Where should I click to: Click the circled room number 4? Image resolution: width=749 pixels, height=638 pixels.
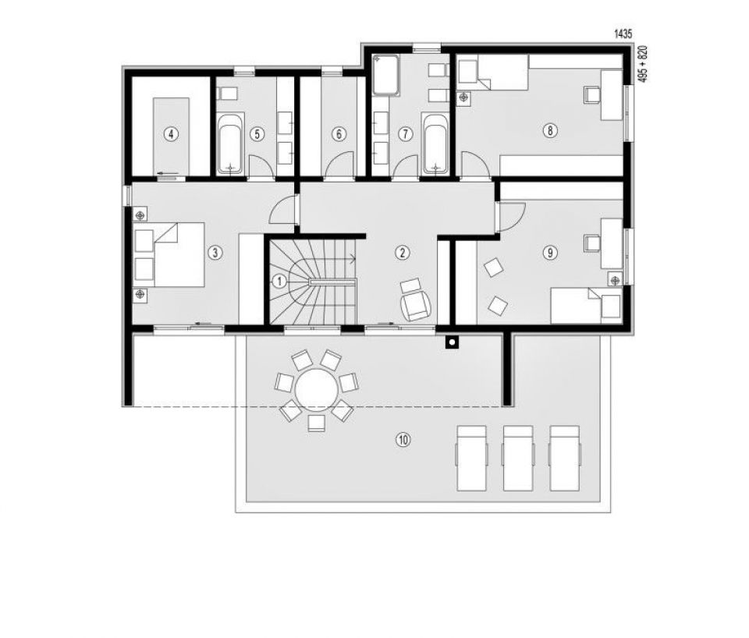coord(171,134)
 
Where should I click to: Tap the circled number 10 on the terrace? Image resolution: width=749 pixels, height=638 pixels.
coord(403,439)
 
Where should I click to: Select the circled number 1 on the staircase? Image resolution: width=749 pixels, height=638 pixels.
coord(279,282)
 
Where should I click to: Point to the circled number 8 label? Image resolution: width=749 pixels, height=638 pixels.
coord(550,130)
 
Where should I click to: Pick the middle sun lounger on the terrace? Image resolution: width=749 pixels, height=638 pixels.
coord(518,459)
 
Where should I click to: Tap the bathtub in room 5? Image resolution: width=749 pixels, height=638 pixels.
coord(231,144)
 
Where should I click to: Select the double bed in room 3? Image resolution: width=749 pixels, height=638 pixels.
coord(169,255)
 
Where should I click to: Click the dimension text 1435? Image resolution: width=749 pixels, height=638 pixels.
coord(623,34)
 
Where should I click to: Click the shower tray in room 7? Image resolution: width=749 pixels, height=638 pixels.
coord(386,75)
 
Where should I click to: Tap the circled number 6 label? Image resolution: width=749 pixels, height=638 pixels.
coord(339,134)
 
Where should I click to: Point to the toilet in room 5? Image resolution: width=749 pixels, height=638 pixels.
coord(227,93)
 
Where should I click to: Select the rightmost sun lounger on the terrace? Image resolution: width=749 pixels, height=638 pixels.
coord(564,459)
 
